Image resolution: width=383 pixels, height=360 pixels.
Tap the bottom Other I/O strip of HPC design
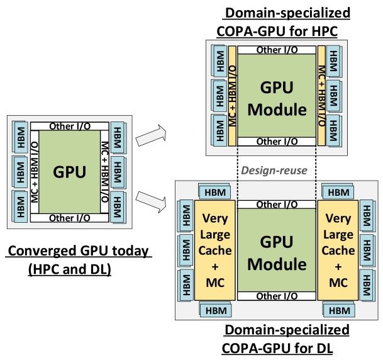278,142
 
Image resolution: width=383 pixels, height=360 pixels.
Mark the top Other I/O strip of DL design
278,205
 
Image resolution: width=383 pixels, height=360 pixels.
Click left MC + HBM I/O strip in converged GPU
34,172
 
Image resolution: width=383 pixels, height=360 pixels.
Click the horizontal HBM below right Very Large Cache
339,310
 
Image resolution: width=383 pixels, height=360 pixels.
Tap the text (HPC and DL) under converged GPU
69,269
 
